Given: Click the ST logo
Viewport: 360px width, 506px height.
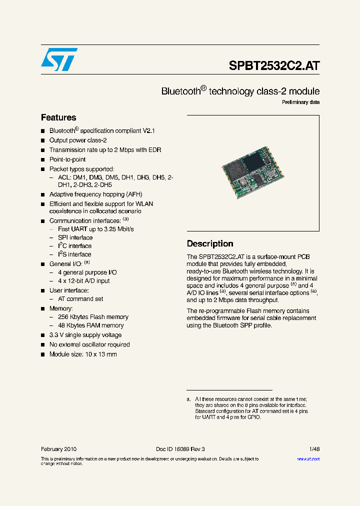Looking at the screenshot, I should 59,60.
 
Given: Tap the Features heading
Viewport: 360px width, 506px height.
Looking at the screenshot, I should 58,117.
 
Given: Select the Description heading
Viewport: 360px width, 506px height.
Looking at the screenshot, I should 210,243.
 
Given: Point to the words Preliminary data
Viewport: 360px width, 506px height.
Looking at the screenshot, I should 300,102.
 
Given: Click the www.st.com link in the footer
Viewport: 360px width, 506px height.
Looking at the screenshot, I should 308,458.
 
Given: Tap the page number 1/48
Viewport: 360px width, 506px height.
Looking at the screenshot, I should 313,449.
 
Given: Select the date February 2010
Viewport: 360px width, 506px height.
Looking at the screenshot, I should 58,449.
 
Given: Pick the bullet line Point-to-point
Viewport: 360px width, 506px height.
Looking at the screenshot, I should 67,159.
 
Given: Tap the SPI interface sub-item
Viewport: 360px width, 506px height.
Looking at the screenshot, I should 75,237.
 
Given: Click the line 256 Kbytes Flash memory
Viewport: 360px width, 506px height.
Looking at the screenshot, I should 93,317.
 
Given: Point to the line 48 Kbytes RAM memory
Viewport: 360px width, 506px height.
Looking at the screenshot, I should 91,325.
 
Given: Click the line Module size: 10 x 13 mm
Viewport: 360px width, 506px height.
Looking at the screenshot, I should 83,354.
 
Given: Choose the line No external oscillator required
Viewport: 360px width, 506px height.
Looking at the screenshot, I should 89,344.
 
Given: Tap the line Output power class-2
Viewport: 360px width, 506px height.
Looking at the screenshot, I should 78,140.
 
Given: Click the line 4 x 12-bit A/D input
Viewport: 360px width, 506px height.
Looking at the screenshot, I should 84,281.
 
